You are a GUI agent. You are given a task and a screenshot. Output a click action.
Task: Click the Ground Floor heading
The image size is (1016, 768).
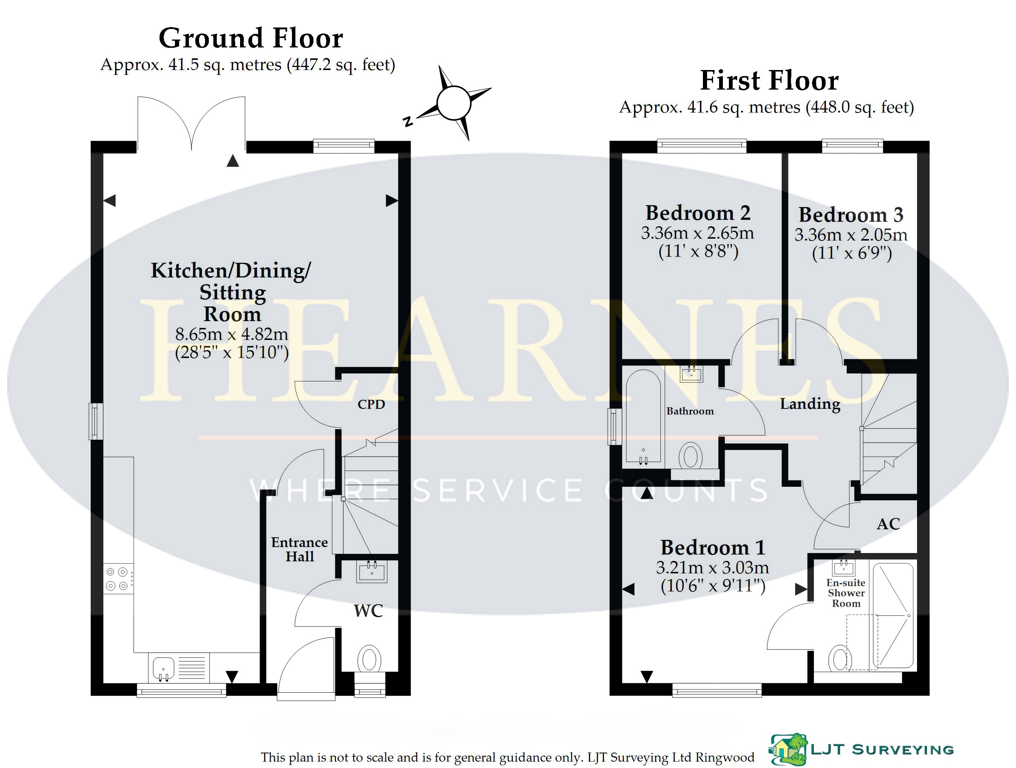[251, 38]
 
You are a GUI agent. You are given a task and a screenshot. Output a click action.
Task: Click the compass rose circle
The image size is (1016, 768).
[454, 103]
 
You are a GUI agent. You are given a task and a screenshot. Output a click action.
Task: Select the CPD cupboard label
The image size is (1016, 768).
[371, 404]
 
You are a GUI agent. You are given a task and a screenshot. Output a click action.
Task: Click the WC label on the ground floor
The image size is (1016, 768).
[368, 611]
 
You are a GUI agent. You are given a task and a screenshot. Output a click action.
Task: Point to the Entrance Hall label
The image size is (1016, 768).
[300, 549]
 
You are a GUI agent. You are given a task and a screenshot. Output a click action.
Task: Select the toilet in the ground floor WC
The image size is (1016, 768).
[369, 660]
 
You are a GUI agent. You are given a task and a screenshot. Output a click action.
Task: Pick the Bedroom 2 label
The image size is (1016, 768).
[698, 213]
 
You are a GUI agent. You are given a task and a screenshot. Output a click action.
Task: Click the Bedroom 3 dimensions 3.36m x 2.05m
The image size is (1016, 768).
[851, 235]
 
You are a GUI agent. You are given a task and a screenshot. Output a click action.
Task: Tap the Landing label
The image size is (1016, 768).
[810, 404]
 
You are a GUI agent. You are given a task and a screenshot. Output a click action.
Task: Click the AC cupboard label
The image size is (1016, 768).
[888, 524]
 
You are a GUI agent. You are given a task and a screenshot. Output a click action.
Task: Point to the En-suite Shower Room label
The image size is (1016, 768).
[846, 593]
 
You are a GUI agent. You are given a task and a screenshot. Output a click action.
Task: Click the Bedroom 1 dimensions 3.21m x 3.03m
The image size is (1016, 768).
[712, 568]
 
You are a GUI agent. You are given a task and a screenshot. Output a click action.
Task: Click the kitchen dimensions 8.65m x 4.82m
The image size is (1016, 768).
[232, 334]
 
